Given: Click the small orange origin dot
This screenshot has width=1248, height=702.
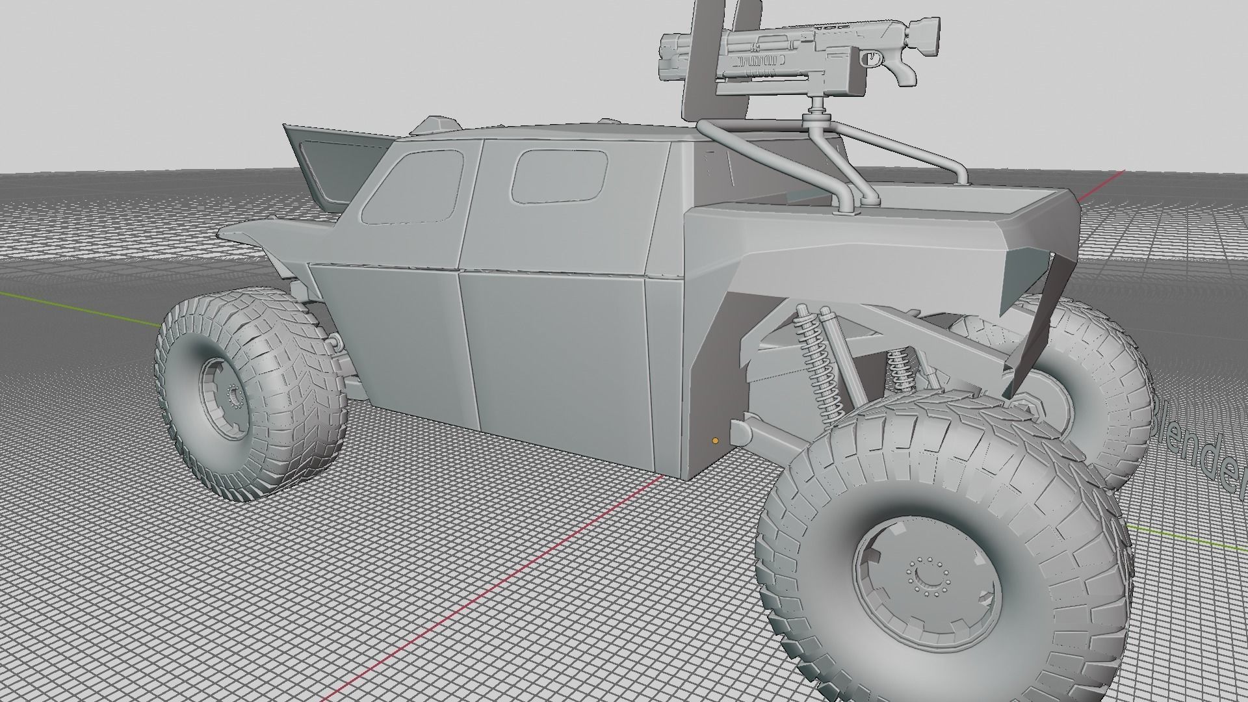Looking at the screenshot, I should pos(715,441).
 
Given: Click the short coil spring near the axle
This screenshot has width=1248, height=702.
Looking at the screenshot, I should pos(899,370).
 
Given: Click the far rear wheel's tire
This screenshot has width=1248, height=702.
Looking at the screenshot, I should pos(1105,390).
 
